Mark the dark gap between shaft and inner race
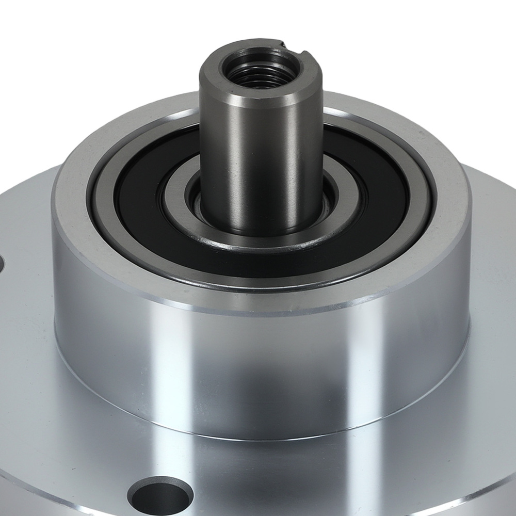point(196,201)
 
